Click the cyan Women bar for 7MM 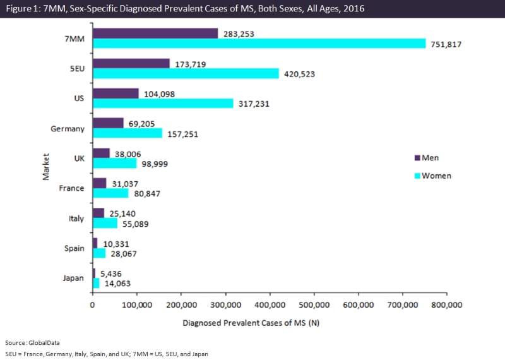coord(259,43)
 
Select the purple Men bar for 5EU coord(131,63)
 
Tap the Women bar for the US coord(163,103)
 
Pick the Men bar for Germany coord(108,123)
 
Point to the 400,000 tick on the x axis coord(270,304)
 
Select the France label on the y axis coord(71,188)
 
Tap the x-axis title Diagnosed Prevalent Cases coord(251,323)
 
